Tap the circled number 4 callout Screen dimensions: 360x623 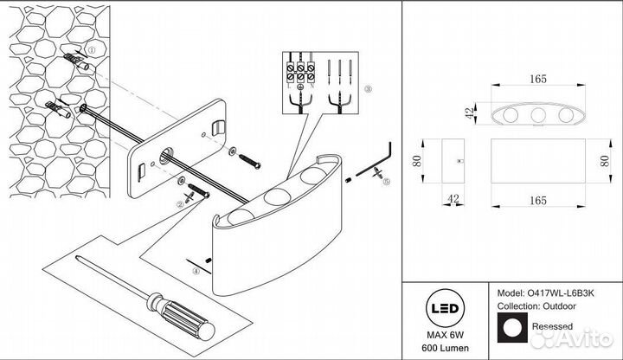point(196,272)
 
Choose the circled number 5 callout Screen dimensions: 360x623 point(388,183)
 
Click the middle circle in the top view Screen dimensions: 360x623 point(536,115)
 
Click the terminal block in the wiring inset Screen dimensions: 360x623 point(299,69)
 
